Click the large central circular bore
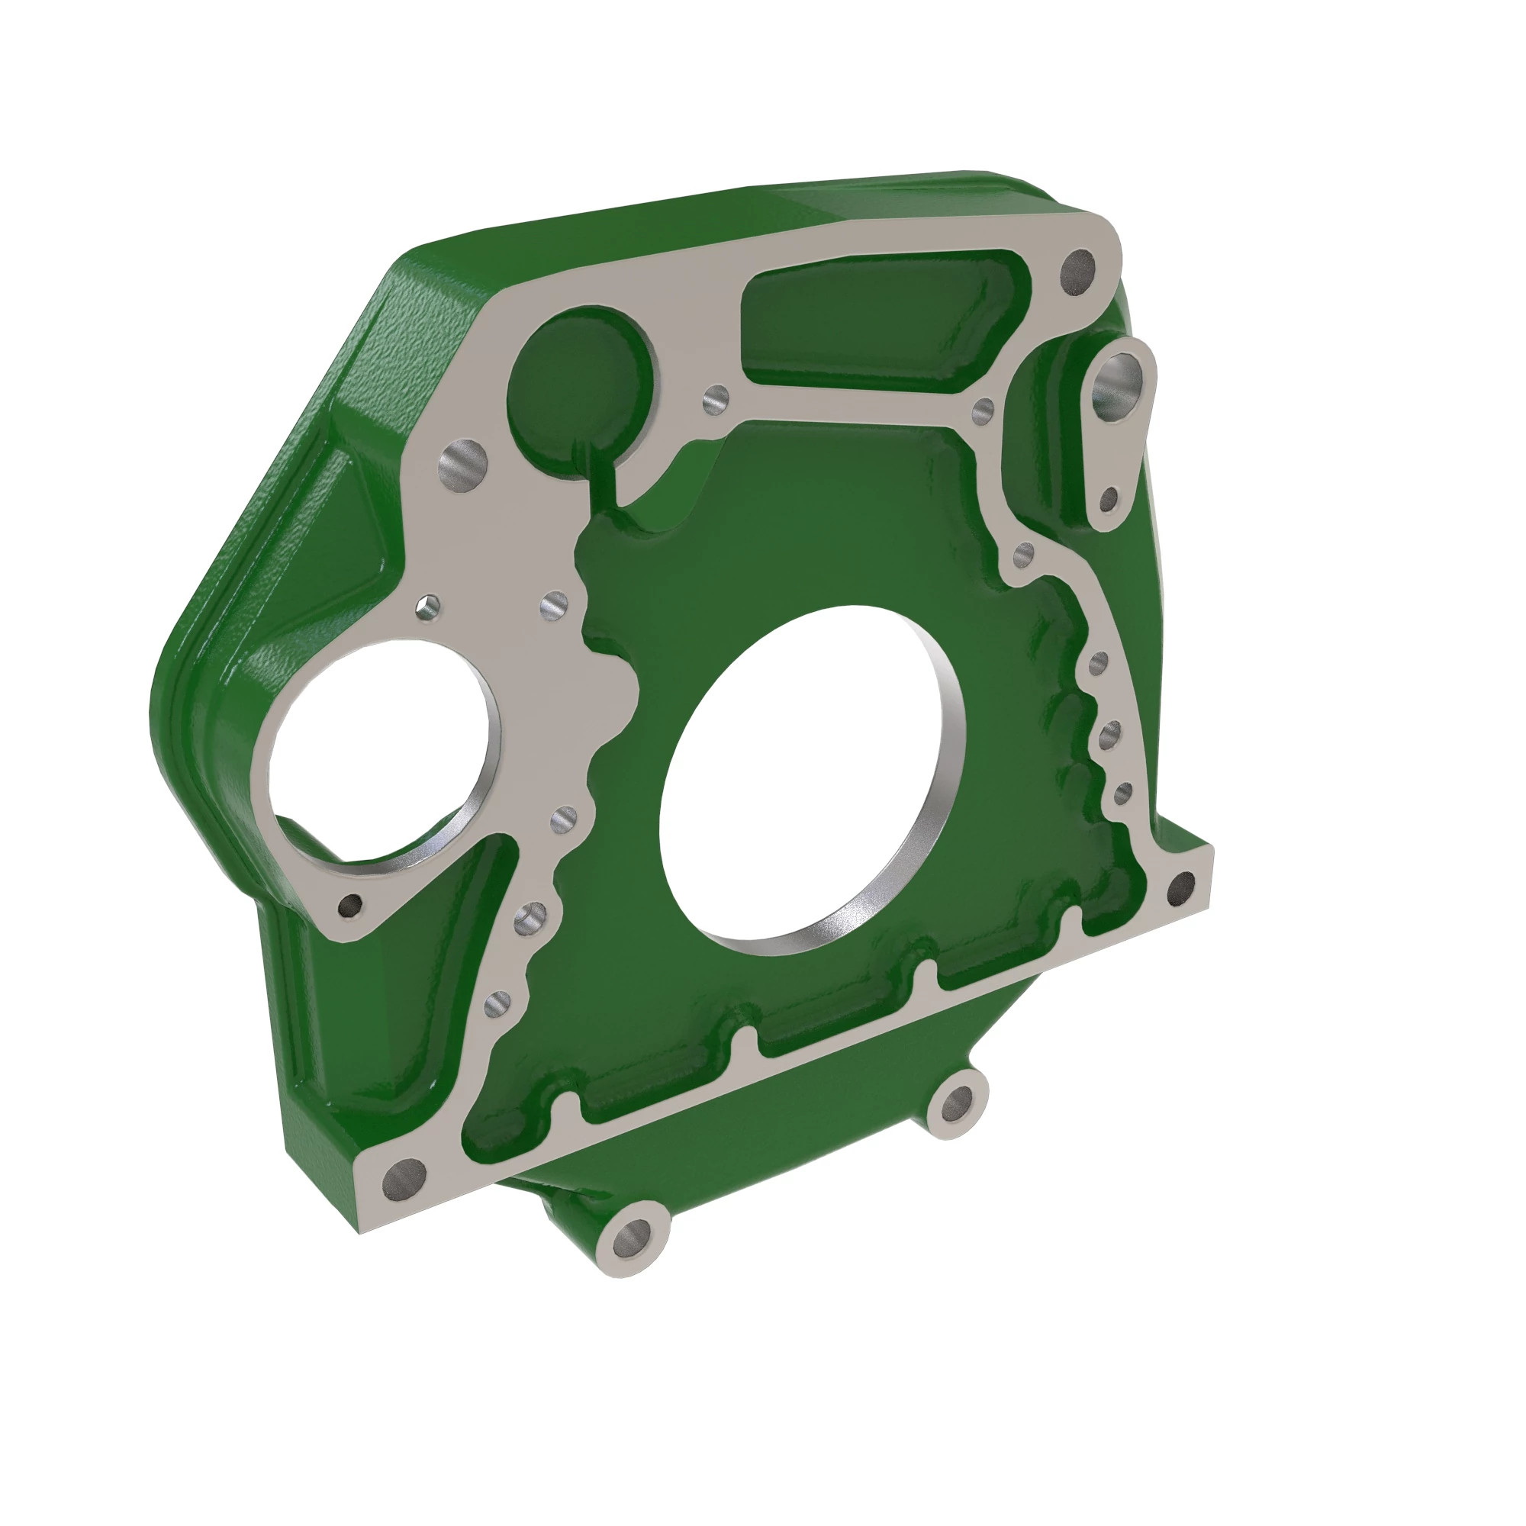(x=813, y=778)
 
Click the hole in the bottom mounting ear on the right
(x=958, y=1104)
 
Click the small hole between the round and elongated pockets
(x=716, y=402)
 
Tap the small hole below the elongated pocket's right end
(x=984, y=410)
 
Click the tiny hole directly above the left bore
(x=427, y=608)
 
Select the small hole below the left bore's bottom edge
(x=350, y=906)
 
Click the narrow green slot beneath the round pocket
(x=600, y=474)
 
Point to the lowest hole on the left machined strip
(x=497, y=1005)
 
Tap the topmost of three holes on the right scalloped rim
(x=1098, y=664)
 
